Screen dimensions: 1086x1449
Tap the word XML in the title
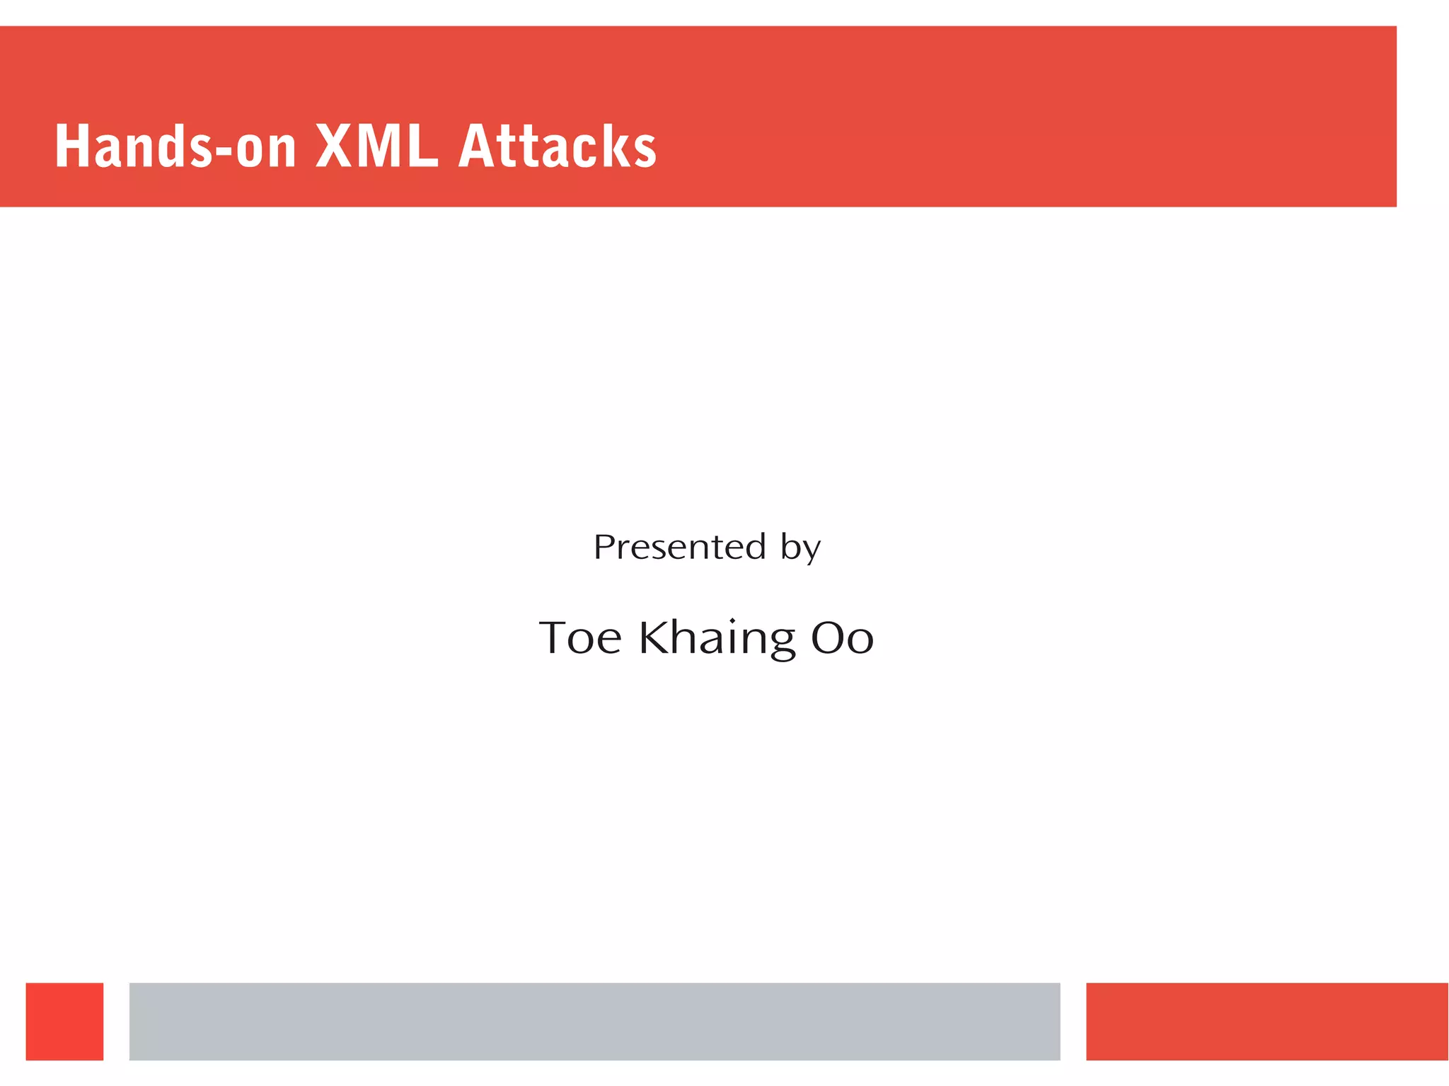(x=376, y=146)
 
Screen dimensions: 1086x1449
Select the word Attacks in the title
(x=558, y=146)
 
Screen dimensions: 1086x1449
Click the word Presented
(x=679, y=547)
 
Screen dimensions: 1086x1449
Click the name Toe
(x=580, y=637)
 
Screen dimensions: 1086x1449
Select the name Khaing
(x=717, y=637)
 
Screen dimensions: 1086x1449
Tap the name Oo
(x=842, y=637)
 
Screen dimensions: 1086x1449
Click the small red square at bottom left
(x=64, y=1021)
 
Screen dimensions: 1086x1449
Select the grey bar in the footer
(x=594, y=1021)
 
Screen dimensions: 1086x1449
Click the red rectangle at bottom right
(x=1266, y=1021)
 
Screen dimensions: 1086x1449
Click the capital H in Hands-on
(x=71, y=146)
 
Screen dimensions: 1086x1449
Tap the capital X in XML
(x=335, y=146)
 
